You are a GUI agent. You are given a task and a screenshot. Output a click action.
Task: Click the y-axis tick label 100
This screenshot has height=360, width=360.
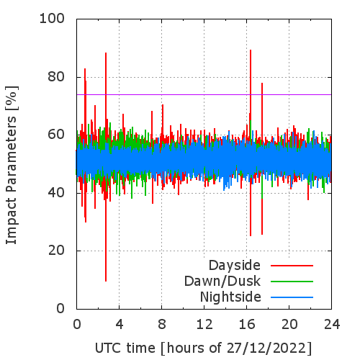point(52,18)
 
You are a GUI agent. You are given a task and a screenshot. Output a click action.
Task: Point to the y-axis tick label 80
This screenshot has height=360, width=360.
point(56,76)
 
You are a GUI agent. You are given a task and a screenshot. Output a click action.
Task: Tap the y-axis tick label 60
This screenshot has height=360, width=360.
point(56,135)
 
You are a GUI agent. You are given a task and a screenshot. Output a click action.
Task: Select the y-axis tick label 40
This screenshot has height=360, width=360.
point(56,193)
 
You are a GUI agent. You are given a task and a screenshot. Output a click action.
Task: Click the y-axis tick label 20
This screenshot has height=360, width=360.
point(56,251)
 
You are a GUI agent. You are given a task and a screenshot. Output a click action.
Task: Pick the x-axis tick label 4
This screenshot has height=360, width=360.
point(120,324)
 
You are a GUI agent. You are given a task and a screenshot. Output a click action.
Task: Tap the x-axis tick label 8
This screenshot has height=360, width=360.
point(162,324)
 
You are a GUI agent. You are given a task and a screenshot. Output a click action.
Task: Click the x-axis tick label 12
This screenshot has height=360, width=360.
point(204,324)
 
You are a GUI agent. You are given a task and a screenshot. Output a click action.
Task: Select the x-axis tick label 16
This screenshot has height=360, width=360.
point(247,324)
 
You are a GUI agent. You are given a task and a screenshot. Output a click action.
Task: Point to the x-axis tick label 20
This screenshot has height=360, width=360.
point(289,324)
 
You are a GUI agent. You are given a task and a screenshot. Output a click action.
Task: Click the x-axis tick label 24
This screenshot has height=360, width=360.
point(332,324)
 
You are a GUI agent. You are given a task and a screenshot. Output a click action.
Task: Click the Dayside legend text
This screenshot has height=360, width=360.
point(235,266)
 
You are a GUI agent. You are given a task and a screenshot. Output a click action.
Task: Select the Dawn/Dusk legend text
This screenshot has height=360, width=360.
point(222,281)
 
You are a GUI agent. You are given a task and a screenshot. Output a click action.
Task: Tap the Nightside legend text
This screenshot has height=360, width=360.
point(230,297)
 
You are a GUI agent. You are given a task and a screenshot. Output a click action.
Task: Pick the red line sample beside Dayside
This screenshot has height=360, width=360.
point(292,266)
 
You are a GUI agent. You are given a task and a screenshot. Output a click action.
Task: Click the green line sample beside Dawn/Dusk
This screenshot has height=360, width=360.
point(292,282)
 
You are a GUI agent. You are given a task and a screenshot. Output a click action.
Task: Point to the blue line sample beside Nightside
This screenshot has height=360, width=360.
point(292,297)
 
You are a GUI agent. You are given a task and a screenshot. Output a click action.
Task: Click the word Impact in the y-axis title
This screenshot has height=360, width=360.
point(11,220)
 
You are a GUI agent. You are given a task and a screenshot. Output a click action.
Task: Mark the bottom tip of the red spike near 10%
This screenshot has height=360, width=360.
point(106,281)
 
